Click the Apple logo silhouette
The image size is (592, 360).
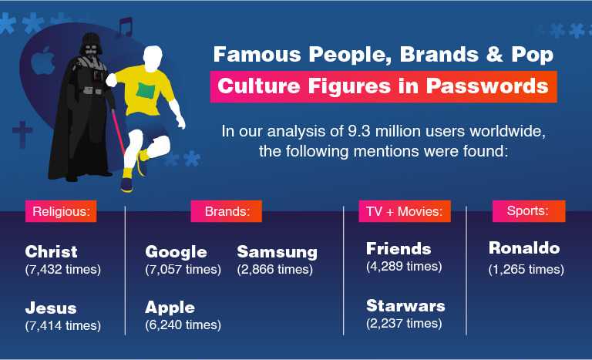(x=42, y=61)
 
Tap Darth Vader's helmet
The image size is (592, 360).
(x=91, y=45)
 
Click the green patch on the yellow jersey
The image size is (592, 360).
(x=146, y=91)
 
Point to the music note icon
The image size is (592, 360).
(x=125, y=26)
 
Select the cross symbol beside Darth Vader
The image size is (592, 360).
(x=22, y=134)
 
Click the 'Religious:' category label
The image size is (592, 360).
(x=61, y=211)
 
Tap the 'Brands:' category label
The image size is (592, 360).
(x=227, y=211)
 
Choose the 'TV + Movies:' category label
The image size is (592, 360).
(x=405, y=211)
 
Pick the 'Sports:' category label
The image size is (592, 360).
(x=529, y=210)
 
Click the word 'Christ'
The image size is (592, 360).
(x=52, y=251)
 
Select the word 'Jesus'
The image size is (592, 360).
(x=51, y=308)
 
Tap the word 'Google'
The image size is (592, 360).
(x=176, y=252)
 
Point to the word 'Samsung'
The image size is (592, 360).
(x=277, y=252)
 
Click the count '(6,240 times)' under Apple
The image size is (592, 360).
(x=183, y=325)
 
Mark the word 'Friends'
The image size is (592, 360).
(x=399, y=249)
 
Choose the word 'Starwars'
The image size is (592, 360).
(x=406, y=306)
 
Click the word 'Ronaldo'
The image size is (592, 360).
(x=524, y=248)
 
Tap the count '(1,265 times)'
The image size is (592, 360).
(x=526, y=269)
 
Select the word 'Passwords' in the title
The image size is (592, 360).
(x=487, y=86)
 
